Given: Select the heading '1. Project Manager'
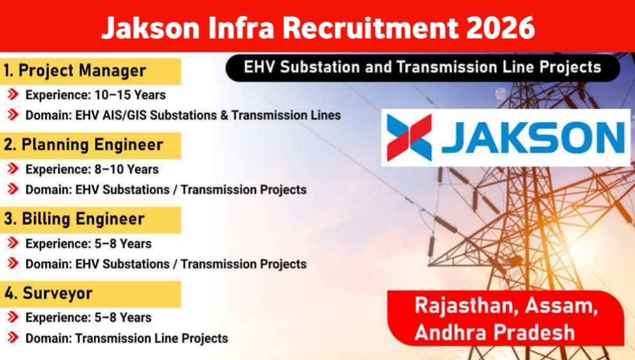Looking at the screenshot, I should coord(75,71).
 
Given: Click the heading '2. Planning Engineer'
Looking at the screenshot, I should coord(83,145).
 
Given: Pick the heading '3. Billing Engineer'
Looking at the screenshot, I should coord(74,219).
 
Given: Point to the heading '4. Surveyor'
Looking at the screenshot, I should coord(48,293).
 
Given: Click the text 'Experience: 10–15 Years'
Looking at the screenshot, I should coord(95,95).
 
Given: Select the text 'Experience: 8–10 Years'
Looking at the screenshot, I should coord(92,169).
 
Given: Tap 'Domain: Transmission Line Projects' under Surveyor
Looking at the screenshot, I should coord(126,338).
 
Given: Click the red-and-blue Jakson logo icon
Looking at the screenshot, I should coord(409,138).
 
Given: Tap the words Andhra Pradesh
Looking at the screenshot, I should coord(494,332).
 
